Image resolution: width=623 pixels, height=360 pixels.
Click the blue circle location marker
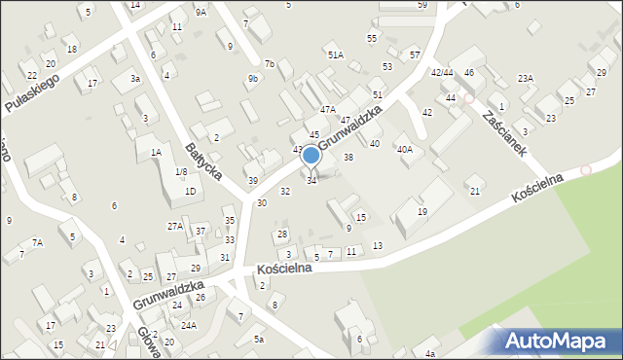click(x=311, y=155)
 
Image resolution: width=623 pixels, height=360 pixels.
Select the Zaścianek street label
click(x=504, y=133)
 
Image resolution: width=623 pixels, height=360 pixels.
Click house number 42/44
click(x=442, y=73)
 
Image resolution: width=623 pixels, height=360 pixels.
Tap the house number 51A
click(x=335, y=55)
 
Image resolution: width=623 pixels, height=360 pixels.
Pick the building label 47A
click(x=327, y=110)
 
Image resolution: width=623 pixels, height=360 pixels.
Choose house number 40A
click(x=404, y=149)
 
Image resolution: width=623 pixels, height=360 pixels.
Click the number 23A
click(x=525, y=78)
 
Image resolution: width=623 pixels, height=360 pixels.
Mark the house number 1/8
click(x=180, y=172)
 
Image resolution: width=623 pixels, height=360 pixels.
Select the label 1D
click(x=190, y=192)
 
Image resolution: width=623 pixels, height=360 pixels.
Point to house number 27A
click(x=174, y=226)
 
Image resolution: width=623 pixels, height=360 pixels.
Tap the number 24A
click(x=188, y=325)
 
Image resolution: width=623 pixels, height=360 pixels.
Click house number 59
click(x=421, y=5)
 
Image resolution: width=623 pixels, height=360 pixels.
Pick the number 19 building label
click(x=421, y=211)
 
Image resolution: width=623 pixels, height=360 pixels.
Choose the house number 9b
click(x=252, y=78)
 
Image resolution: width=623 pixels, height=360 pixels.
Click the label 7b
click(x=270, y=64)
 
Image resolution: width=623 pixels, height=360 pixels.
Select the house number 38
click(x=348, y=157)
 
